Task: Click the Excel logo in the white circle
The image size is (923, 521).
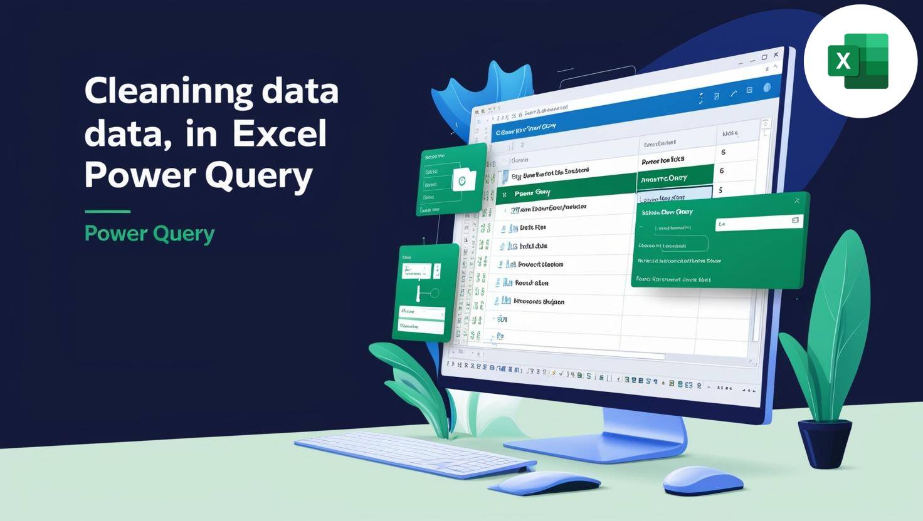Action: pyautogui.click(x=858, y=61)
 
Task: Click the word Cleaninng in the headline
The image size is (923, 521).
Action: pyautogui.click(x=168, y=91)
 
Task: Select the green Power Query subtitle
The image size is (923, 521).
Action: pyautogui.click(x=149, y=234)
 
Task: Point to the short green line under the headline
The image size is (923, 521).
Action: pyautogui.click(x=107, y=212)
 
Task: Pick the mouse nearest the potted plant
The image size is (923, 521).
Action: pyautogui.click(x=702, y=479)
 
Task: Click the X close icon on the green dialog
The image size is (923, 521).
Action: pyautogui.click(x=797, y=200)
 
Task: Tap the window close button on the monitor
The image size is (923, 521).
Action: pyautogui.click(x=776, y=55)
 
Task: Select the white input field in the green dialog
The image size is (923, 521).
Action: pyautogui.click(x=759, y=222)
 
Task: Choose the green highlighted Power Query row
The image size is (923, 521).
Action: pyautogui.click(x=564, y=192)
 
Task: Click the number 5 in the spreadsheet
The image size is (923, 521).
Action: pyautogui.click(x=721, y=190)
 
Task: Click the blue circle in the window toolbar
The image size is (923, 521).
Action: pyautogui.click(x=766, y=88)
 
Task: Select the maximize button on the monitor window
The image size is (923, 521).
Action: pyautogui.click(x=764, y=58)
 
